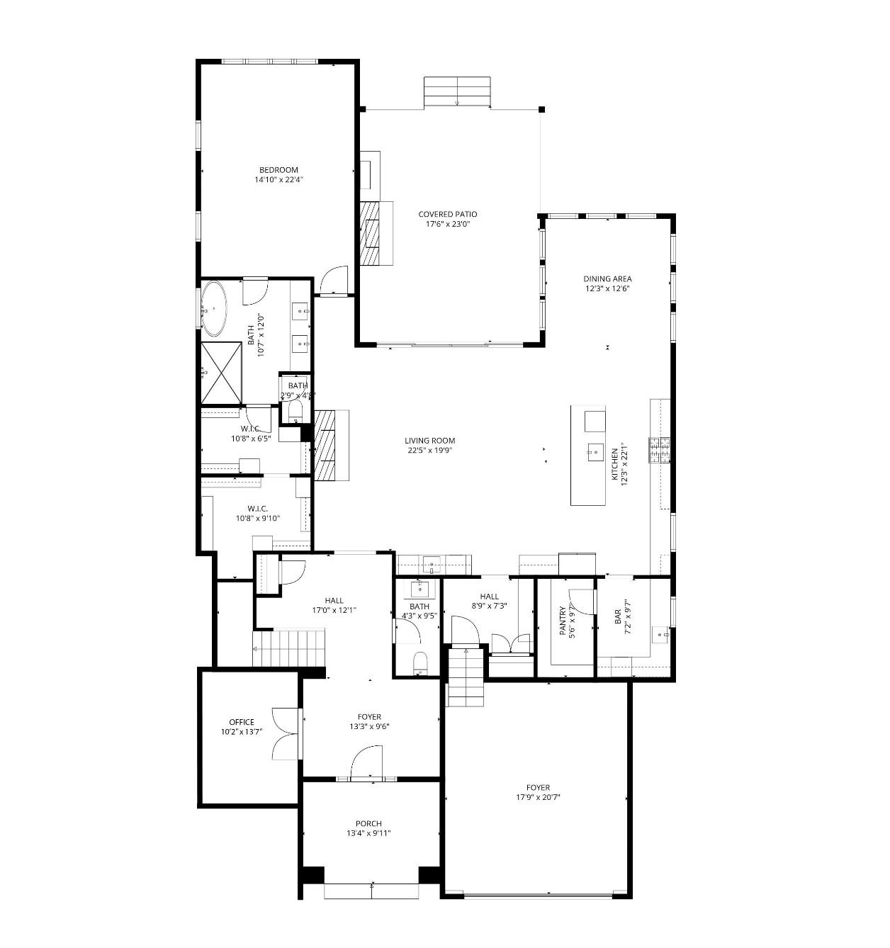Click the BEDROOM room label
[278, 170]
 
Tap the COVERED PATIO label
[447, 214]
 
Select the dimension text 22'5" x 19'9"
[429, 450]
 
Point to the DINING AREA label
[607, 278]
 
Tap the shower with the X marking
[221, 372]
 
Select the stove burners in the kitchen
[659, 450]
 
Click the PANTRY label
[563, 621]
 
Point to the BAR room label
[618, 616]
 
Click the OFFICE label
[242, 722]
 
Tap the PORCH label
[368, 823]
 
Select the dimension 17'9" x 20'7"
[538, 796]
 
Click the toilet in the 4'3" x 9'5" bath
[420, 663]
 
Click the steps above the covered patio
[458, 92]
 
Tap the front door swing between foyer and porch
[366, 763]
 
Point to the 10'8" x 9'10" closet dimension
[258, 518]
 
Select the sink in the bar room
[660, 635]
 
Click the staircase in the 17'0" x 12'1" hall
[289, 648]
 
